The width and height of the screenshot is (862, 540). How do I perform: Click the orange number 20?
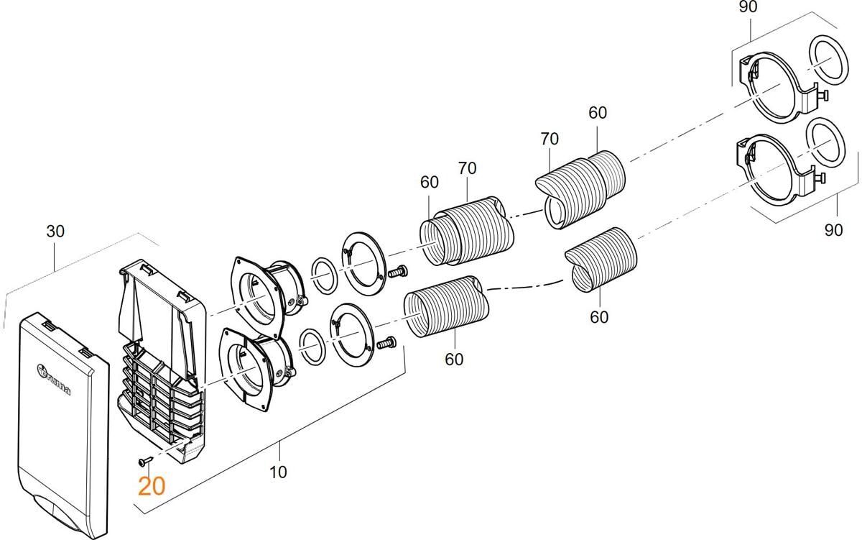click(x=152, y=487)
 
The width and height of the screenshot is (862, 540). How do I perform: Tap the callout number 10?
click(x=279, y=472)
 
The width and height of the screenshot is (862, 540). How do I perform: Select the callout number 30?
click(x=55, y=232)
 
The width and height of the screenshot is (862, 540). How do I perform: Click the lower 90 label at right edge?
click(x=833, y=230)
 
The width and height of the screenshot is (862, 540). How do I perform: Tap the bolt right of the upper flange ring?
click(x=397, y=272)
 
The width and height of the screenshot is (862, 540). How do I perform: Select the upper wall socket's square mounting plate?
click(x=249, y=288)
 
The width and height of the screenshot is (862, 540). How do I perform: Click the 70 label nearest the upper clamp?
click(x=551, y=139)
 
